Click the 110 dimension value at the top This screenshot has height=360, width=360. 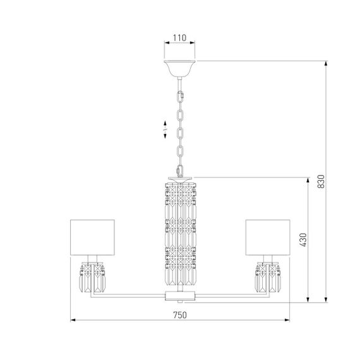click(180, 38)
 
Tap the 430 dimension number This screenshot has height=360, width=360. click(302, 239)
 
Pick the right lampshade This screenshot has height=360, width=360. click(268, 237)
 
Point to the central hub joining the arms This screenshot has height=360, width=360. click(180, 296)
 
